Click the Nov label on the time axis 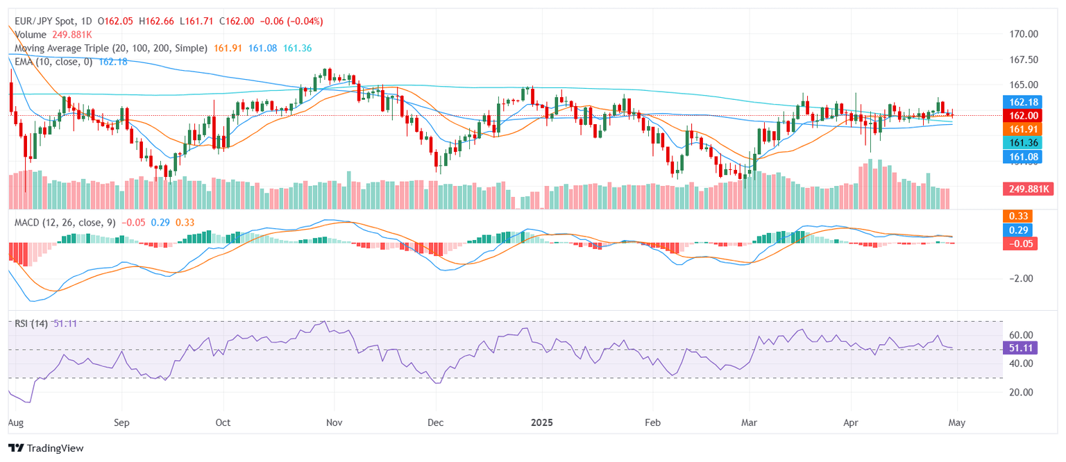click(335, 422)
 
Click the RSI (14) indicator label click(31, 323)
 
